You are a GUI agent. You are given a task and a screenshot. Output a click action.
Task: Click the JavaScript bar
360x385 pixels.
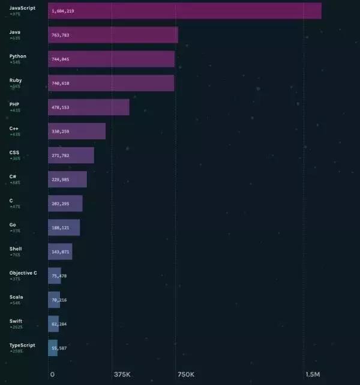185,11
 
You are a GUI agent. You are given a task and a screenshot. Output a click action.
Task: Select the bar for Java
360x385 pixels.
113,35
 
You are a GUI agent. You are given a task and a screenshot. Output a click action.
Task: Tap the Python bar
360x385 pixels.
111,59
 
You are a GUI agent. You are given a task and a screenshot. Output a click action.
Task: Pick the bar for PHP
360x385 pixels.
89,107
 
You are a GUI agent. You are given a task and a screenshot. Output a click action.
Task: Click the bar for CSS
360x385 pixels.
71,155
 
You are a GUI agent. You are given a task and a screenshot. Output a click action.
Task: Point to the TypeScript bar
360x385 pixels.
53,348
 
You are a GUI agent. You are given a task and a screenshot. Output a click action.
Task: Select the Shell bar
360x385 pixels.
60,252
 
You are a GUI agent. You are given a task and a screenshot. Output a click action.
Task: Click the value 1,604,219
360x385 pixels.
63,11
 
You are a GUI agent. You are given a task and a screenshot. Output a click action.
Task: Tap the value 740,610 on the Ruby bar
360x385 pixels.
61,83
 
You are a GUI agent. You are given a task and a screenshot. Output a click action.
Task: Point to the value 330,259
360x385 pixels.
61,131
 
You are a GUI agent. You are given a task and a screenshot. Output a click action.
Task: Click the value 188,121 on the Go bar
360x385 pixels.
61,228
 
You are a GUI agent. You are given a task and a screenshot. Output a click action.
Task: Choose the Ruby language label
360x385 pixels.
16,80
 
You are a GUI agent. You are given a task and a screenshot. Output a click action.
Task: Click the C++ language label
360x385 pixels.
14,128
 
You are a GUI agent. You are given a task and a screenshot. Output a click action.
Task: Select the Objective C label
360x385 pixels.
23,273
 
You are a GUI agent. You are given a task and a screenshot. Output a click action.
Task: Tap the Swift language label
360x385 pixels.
16,321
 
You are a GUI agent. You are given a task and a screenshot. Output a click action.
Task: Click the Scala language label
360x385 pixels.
16,297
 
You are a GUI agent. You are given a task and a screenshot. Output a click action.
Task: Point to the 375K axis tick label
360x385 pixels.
122,374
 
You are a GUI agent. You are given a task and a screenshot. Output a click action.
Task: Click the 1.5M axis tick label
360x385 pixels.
313,374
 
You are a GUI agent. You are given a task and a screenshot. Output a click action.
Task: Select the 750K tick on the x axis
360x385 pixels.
186,374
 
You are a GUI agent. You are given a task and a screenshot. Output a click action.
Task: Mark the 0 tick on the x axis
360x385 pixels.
52,374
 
